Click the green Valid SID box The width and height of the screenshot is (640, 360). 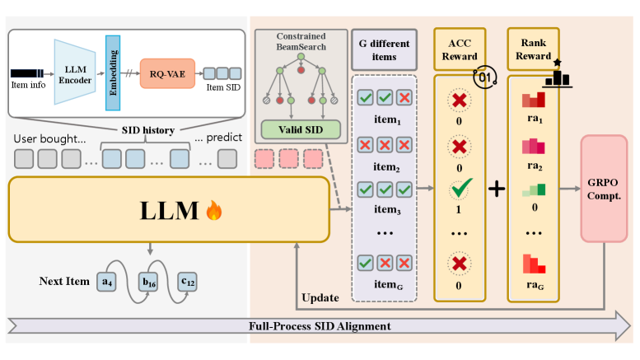click(x=300, y=129)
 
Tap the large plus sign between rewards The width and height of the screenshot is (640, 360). click(x=496, y=189)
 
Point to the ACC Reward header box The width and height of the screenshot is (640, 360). click(x=460, y=48)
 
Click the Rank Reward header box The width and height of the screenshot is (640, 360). click(x=534, y=48)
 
